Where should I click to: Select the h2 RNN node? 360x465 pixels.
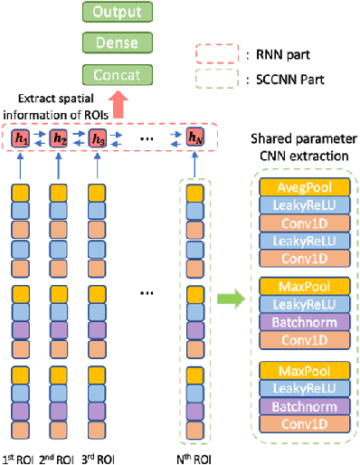click(x=60, y=138)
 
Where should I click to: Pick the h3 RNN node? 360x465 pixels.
click(x=98, y=138)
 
